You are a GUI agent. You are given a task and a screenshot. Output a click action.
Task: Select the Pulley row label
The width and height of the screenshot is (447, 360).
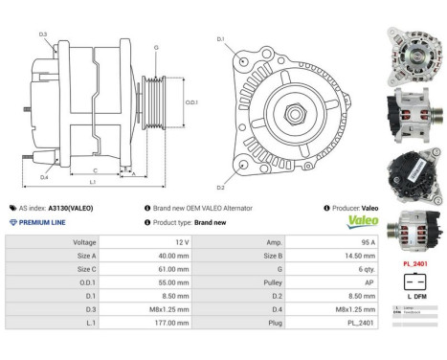coord(274,283)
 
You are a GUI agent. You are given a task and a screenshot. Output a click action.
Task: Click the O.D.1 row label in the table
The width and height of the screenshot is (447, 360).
coord(83,283)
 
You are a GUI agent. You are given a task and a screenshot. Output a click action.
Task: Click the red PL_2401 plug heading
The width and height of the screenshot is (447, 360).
coord(413,262)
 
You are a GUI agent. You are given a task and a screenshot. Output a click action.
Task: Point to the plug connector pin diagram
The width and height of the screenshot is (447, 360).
coord(413,282)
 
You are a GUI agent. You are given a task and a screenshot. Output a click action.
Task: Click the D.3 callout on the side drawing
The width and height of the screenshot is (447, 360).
coord(44,34)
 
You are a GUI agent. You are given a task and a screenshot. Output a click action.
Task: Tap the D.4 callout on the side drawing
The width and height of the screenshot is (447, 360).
coord(44,177)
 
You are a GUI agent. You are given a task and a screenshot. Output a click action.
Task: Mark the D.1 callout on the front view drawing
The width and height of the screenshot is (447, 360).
coord(220,39)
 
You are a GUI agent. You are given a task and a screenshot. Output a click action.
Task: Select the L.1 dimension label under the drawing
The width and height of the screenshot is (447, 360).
coord(92,182)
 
